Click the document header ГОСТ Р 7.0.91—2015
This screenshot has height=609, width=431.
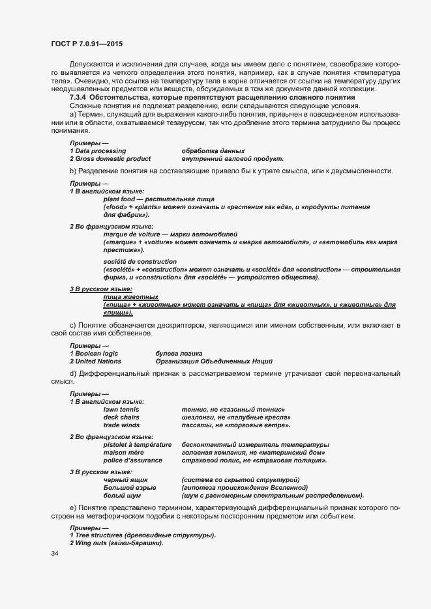(x=87, y=44)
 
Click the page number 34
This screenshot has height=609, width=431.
(x=54, y=554)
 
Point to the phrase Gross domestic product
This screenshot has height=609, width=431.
(x=113, y=158)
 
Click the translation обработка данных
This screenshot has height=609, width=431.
(x=213, y=150)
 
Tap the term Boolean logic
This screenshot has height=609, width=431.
(x=100, y=353)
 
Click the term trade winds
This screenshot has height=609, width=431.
(x=121, y=425)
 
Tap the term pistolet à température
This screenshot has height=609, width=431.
(x=137, y=444)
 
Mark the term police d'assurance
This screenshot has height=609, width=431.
(x=133, y=460)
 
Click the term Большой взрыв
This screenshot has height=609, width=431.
(x=129, y=487)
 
